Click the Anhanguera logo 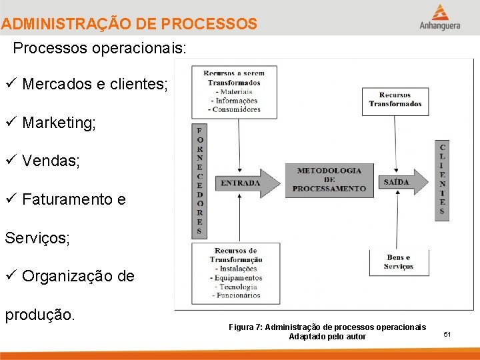[439, 17]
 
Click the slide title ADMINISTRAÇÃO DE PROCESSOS [129, 25]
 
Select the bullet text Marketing [59, 123]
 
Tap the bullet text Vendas [51, 161]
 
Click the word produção [40, 314]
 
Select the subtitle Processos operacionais [100, 49]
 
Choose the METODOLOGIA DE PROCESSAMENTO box [329, 179]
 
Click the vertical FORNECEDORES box [199, 181]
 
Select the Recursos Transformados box [395, 100]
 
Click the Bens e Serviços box [398, 262]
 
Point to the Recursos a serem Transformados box [234, 91]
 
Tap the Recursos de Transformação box [235, 273]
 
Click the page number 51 [447, 333]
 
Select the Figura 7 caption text [327, 331]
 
